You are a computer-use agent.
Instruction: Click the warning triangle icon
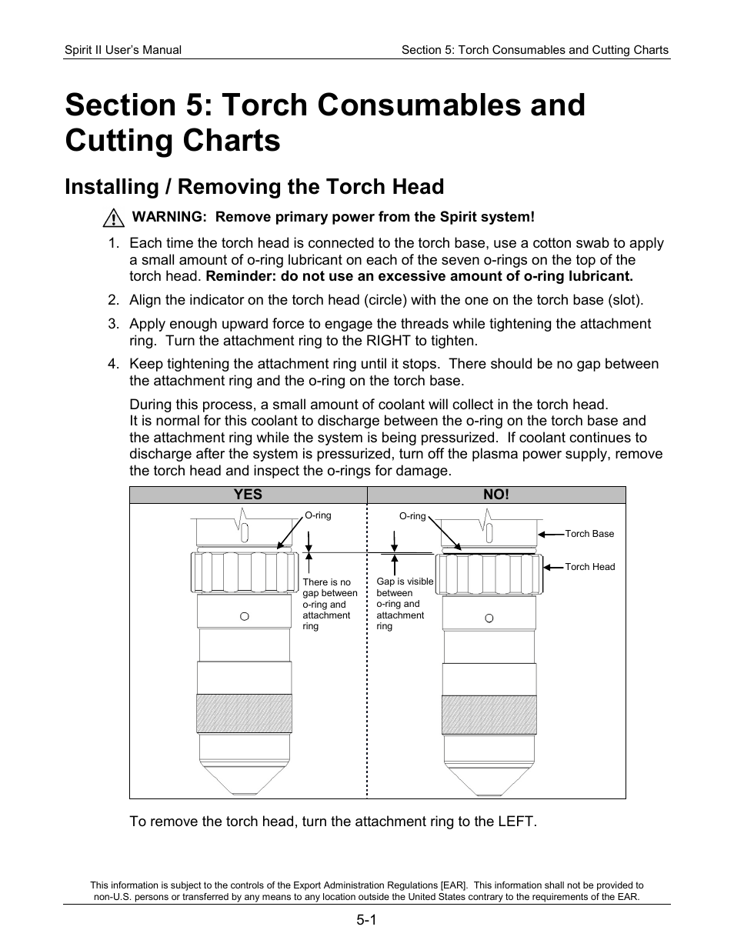coord(113,218)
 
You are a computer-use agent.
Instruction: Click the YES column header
coord(248,495)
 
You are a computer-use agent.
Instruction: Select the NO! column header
coord(495,495)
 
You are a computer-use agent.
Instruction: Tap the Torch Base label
coord(589,534)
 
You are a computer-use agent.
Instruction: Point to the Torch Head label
coord(589,567)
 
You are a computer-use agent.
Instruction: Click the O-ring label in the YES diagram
coord(318,515)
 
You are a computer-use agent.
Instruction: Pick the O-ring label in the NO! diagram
coord(412,516)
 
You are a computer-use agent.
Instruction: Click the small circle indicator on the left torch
coord(245,616)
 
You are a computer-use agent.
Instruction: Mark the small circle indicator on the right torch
coord(489,618)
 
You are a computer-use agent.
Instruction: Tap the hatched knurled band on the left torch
coord(244,714)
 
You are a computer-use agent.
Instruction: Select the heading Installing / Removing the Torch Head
coord(255,187)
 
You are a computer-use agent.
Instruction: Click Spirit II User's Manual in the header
coord(123,50)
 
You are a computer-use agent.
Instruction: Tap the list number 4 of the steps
coord(112,364)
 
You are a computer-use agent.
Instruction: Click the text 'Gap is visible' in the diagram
coord(405,582)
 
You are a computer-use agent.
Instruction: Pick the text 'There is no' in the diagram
coord(326,582)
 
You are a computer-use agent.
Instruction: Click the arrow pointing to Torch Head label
coord(553,567)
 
